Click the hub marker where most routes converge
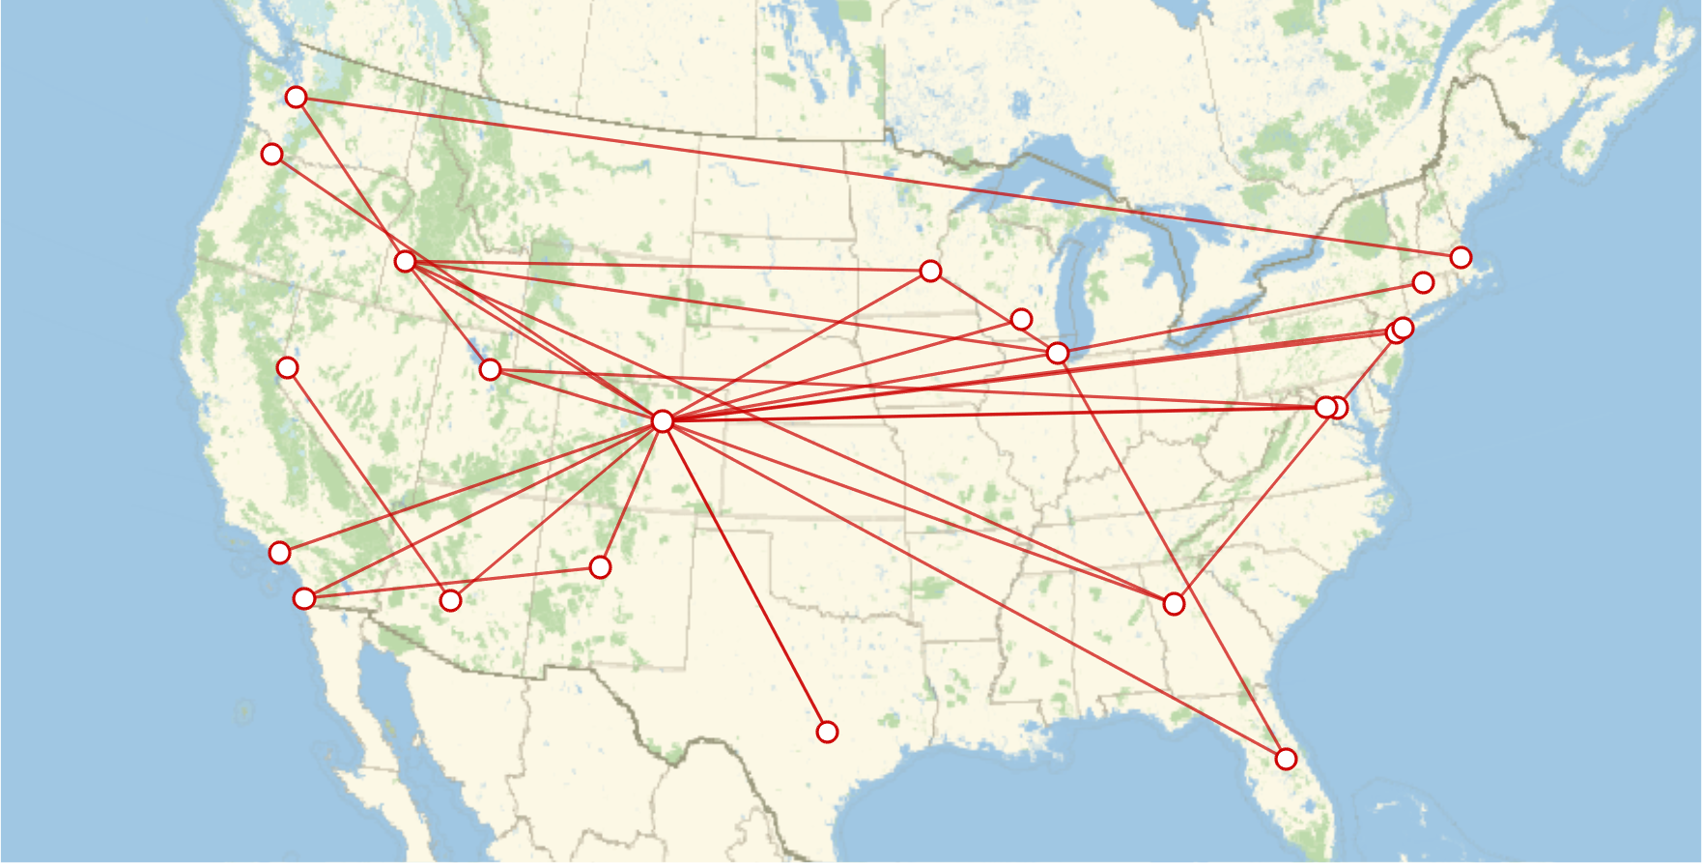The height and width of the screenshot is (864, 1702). coord(662,420)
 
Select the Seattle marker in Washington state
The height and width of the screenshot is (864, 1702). coord(297,97)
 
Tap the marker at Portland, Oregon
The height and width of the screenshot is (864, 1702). coord(272,154)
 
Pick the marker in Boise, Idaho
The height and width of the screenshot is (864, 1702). coord(406,261)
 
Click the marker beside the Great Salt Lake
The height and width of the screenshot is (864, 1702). coord(491,369)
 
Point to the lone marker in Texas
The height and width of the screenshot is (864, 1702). coord(827,732)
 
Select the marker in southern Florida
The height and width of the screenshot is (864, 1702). coord(1286,759)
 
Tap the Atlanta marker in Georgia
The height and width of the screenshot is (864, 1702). coord(1174,603)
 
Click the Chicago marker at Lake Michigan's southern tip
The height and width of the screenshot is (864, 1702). coord(1058,353)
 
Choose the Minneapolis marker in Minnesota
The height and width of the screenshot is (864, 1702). coord(930,271)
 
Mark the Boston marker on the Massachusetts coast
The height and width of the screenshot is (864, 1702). coord(1461,257)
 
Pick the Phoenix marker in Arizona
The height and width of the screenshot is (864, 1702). coord(450,600)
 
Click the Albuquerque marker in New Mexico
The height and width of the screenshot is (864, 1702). coord(600,566)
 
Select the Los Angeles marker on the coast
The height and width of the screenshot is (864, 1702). coord(304,598)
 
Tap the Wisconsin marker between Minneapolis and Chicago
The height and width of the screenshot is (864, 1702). coord(1021,319)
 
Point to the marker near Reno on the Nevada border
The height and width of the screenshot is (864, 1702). coord(287,367)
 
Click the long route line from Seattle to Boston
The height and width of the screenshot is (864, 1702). coord(869,175)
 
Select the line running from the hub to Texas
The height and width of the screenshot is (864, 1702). coord(744,575)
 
